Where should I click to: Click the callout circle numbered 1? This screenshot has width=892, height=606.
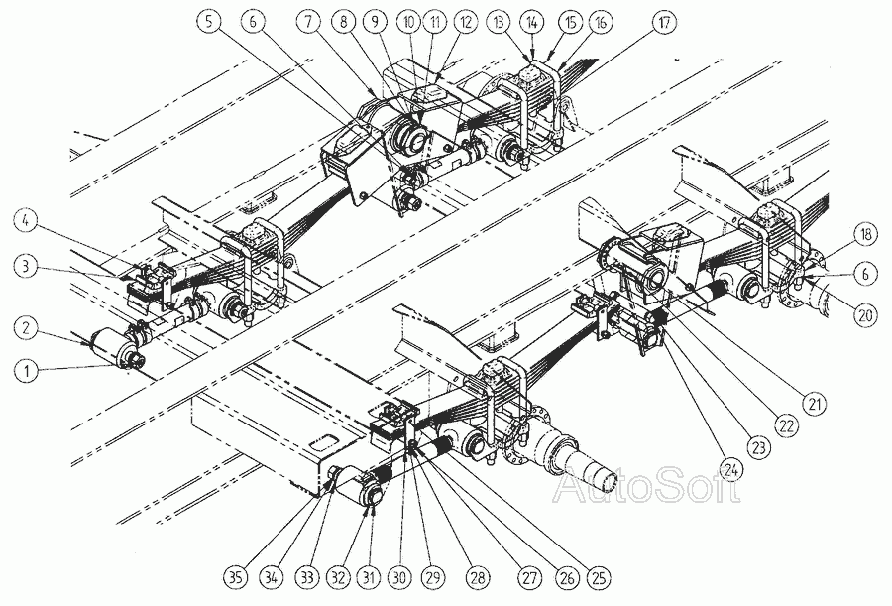click(x=26, y=371)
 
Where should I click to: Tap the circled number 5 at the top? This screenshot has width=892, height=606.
click(x=210, y=22)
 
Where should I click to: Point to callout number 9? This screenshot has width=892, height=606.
click(x=376, y=22)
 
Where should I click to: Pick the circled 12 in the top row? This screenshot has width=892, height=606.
click(x=466, y=22)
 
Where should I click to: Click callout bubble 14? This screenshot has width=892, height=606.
click(x=532, y=22)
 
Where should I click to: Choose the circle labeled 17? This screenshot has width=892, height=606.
click(x=664, y=22)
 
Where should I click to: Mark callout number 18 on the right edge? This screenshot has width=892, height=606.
click(x=866, y=235)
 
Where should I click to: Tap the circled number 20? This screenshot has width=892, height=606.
click(x=866, y=314)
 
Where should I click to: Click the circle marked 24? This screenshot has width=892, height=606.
click(x=732, y=470)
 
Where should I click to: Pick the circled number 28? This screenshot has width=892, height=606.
click(x=477, y=578)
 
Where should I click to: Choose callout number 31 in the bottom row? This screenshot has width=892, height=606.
click(x=369, y=578)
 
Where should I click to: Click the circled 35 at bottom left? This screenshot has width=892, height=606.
click(x=235, y=578)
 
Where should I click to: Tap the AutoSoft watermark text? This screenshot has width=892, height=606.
click(x=648, y=485)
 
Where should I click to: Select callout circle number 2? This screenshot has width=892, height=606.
click(x=26, y=328)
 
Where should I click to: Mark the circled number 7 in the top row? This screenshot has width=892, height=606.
click(x=309, y=22)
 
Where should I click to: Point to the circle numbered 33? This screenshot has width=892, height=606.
click(x=308, y=578)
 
